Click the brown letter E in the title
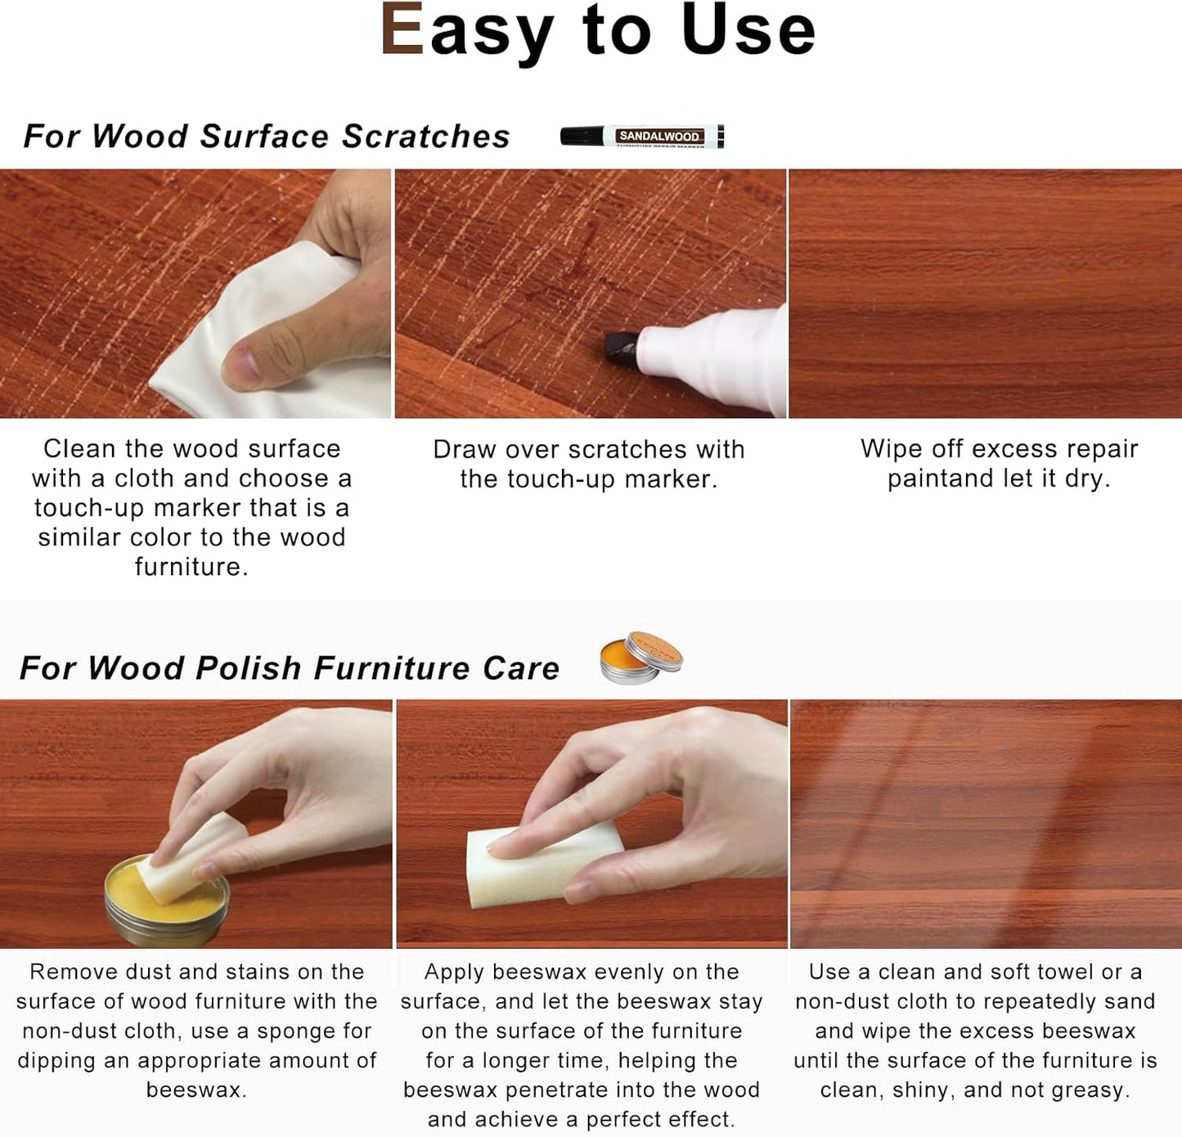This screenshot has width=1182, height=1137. coord(402,30)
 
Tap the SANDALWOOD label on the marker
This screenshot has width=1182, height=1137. coord(658,136)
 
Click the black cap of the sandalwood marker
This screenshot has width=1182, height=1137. coord(581,136)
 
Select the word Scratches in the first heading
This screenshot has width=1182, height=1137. coord(426,137)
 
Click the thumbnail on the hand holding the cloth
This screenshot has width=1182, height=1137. coord(241,362)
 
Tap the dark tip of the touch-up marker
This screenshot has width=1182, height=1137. coord(622,347)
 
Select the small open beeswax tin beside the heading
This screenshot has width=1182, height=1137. coord(640,658)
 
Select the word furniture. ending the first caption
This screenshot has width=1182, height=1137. coord(191,567)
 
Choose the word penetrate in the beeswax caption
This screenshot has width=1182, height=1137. coord(580,1090)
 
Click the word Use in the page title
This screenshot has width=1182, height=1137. coord(748,30)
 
